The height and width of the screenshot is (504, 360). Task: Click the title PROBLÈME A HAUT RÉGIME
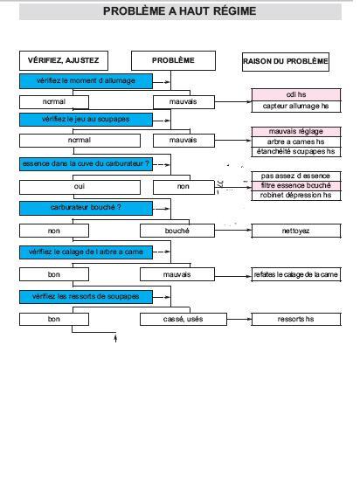[x=179, y=11]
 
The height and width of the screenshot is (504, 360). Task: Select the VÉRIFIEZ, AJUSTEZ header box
[x=64, y=60]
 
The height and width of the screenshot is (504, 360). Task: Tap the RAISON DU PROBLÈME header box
[x=286, y=62]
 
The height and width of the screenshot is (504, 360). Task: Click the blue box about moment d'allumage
[x=86, y=81]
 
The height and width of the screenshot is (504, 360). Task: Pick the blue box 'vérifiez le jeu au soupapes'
[x=86, y=120]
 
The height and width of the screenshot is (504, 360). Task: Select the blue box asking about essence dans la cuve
[x=86, y=163]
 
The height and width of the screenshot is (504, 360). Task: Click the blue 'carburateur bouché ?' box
[x=86, y=208]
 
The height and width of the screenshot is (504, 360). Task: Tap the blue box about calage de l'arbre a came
[x=86, y=252]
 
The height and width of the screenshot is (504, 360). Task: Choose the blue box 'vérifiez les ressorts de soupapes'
[x=86, y=297]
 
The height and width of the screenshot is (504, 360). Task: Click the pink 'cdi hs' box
[x=296, y=94]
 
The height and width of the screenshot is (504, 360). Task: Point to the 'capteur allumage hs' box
[x=296, y=106]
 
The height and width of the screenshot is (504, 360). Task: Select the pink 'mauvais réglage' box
[x=296, y=132]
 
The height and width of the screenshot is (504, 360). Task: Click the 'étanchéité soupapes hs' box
[x=296, y=152]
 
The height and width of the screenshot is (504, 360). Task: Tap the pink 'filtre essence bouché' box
[x=296, y=185]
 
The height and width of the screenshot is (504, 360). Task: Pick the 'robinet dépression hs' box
[x=296, y=196]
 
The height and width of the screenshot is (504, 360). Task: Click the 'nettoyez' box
[x=296, y=231]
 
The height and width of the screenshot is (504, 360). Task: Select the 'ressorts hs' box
[x=296, y=319]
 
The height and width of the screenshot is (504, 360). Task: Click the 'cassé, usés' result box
[x=183, y=319]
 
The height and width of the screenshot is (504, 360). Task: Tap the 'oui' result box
[x=80, y=187]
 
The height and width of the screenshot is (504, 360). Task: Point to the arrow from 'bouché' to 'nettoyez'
[x=233, y=230]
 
